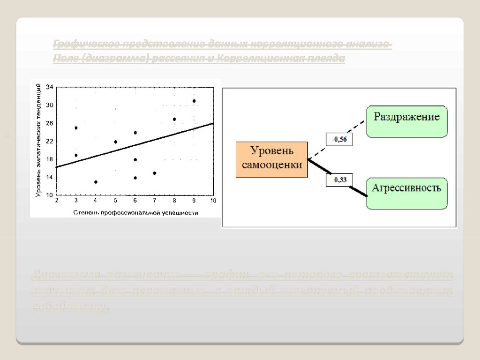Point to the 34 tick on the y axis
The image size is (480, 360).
point(49,87)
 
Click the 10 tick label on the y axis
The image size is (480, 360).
point(49,195)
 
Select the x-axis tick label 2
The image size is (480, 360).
point(57,201)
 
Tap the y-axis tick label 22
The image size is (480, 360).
point(49,141)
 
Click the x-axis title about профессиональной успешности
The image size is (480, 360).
point(135,212)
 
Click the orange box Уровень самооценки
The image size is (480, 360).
point(272,159)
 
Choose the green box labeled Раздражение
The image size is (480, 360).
point(406,121)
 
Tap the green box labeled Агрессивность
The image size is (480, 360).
point(406,193)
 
